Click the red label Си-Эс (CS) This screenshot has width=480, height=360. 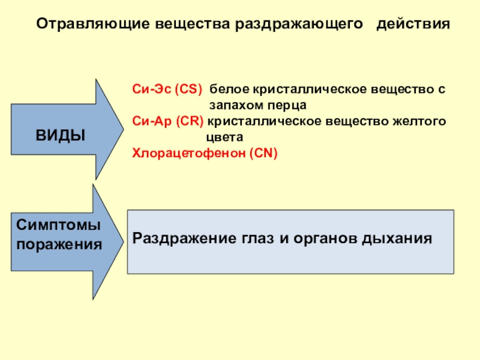[168, 89]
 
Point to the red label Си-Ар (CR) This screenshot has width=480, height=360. [168, 122]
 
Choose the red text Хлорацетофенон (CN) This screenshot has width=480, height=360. [205, 154]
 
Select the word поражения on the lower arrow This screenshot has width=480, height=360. [59, 244]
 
